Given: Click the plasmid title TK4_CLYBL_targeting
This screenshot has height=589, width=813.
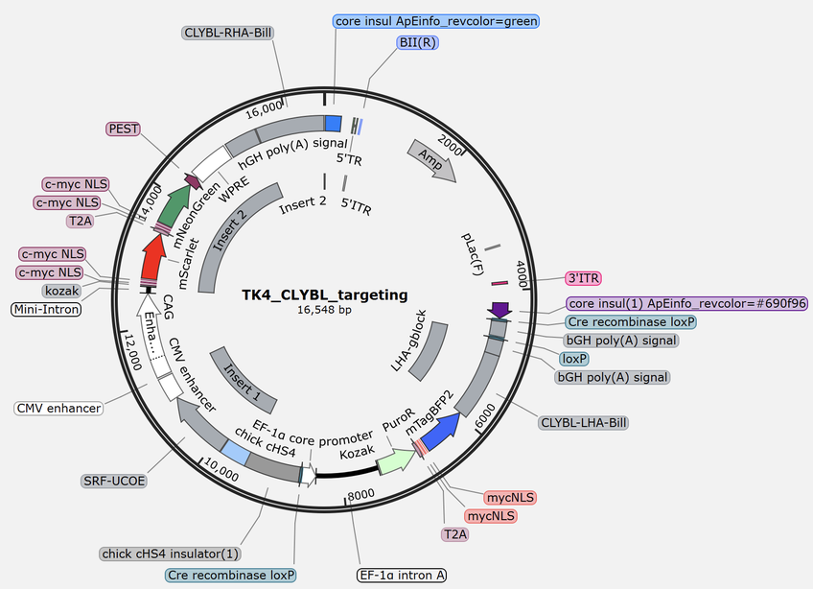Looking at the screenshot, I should coord(325,294).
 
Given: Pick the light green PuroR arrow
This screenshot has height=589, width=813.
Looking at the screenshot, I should coord(395,460).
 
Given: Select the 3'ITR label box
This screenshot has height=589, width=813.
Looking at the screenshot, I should coord(583,277).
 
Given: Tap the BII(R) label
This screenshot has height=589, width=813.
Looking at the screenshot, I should coord(417,44).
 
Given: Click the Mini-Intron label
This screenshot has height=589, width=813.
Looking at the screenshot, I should coord(46,309).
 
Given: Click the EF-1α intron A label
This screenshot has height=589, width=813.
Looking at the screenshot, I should coord(402,576).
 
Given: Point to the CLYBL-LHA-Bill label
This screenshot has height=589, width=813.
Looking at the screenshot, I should coord(584,421).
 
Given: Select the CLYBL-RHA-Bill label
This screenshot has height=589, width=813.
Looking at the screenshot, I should coord(227,33).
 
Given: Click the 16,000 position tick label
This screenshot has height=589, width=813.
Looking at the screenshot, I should coord(265,111).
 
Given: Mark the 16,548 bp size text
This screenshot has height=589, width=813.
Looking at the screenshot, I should coord(325,311).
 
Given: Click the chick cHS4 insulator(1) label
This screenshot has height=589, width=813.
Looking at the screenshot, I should coord(171,554).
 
